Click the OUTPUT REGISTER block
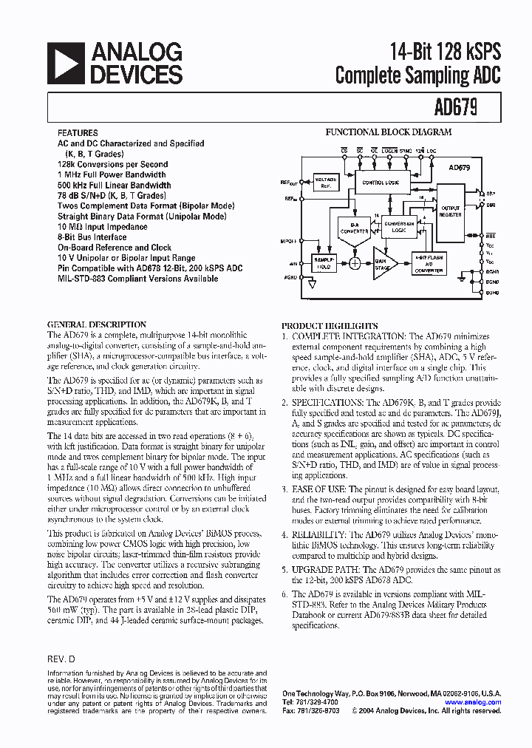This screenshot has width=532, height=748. [450, 211]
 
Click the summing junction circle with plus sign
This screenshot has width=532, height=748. [357, 262]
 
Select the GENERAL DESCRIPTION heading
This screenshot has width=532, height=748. [96, 324]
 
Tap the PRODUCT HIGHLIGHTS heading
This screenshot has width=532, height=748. [330, 326]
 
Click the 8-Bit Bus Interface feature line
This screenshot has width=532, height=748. [92, 237]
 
